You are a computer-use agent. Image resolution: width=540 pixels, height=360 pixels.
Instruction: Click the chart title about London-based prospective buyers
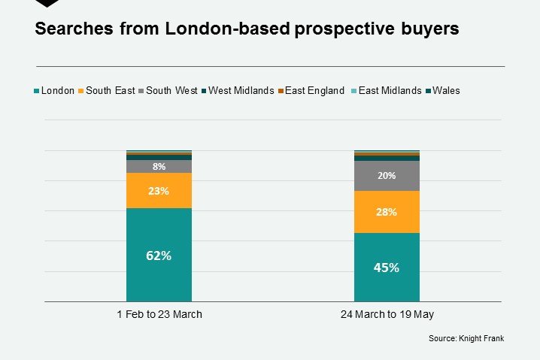tap(247, 30)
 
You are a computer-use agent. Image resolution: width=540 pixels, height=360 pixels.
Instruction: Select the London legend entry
tap(57, 91)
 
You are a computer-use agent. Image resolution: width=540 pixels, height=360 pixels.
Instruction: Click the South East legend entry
tap(110, 91)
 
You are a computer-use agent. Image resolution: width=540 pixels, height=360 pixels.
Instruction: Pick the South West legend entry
tap(171, 91)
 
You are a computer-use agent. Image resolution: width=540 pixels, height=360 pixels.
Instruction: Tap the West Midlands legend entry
tap(240, 91)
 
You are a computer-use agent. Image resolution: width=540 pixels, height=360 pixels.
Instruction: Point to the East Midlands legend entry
tap(390, 91)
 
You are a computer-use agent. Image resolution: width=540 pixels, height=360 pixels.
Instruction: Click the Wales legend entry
tap(446, 91)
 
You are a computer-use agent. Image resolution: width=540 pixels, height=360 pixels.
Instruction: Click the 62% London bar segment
tap(159, 255)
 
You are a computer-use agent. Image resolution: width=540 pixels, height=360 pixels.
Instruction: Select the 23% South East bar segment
tap(159, 191)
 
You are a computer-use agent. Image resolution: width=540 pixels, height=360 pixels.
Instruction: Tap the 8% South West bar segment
tap(159, 166)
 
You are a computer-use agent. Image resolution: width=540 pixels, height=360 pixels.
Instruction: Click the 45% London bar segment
tap(387, 267)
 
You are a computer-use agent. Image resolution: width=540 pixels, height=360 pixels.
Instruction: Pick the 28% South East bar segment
tap(387, 212)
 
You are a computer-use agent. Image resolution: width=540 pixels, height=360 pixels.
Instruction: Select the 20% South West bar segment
tap(387, 176)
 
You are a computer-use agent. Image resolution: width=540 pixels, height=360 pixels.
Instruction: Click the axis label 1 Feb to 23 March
tap(159, 314)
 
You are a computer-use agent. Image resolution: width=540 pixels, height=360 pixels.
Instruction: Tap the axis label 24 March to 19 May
tap(387, 314)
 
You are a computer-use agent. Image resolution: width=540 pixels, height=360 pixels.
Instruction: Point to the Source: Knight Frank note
tap(466, 339)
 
